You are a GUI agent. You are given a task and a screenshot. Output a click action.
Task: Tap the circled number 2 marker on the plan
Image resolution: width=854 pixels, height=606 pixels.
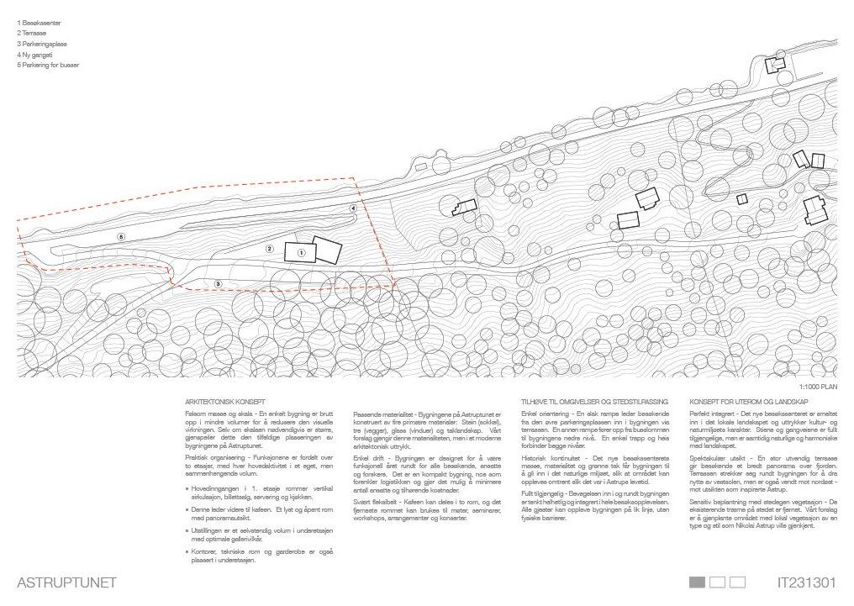tap(270, 249)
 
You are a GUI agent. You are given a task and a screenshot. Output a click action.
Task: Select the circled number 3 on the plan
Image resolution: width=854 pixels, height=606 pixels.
tap(218, 284)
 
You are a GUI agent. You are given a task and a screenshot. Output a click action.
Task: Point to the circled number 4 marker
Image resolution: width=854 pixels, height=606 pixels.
tap(353, 208)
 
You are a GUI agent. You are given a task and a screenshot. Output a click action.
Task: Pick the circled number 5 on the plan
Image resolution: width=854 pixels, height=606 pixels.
tap(121, 237)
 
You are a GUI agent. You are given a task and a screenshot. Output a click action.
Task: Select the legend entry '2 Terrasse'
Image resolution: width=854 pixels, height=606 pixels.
tap(33, 33)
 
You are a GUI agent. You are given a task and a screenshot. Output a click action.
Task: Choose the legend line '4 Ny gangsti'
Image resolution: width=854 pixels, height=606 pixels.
tap(34, 53)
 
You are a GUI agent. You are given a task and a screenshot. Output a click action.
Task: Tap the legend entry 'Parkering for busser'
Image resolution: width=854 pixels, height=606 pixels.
tap(50, 64)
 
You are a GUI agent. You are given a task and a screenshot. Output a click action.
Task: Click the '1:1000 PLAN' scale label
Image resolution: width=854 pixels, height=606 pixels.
tap(819, 387)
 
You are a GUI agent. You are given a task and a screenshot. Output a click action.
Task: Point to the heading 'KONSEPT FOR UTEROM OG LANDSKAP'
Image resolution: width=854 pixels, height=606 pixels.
tap(742, 403)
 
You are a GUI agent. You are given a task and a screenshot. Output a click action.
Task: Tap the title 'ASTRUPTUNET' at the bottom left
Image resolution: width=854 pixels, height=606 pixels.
tap(66, 582)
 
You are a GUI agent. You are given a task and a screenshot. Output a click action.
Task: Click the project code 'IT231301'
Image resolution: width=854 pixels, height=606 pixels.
tap(808, 582)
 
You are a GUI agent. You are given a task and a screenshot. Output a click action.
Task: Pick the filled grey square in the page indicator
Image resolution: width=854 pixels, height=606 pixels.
tap(697, 582)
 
